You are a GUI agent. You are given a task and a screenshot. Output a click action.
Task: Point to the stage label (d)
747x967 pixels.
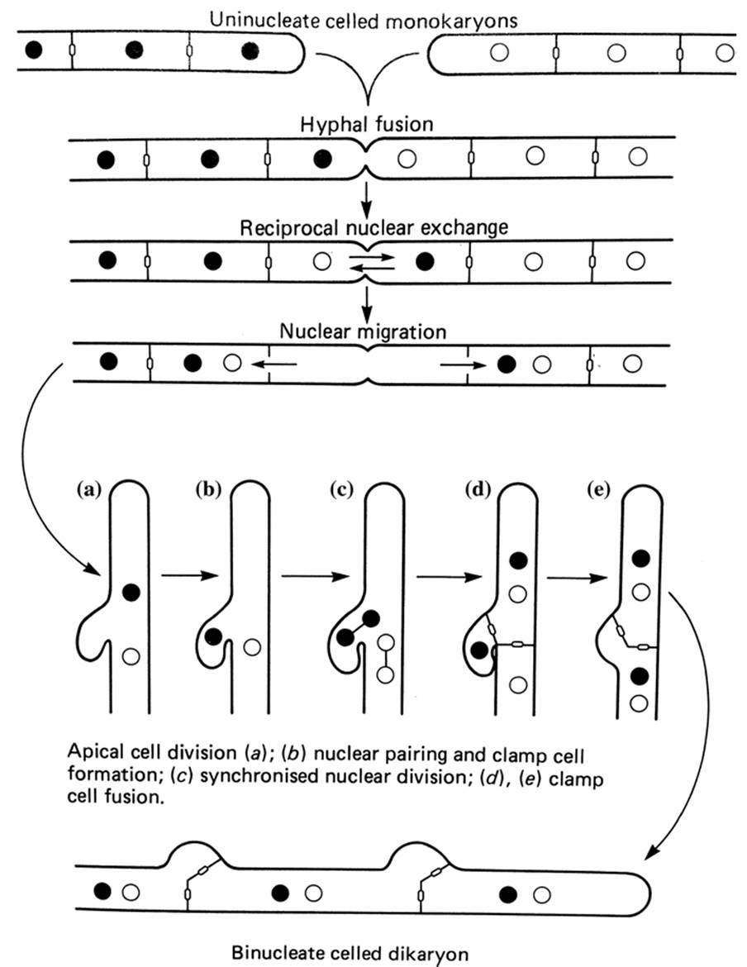pos(477,489)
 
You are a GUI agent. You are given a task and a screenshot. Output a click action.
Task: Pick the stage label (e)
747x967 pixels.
pos(596,489)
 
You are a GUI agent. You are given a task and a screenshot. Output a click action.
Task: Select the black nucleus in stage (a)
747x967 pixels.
pos(130,591)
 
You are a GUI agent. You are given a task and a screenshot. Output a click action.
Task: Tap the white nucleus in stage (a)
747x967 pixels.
pos(130,657)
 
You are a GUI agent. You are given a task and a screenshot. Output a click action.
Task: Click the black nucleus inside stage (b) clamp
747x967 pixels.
pos(213,636)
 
